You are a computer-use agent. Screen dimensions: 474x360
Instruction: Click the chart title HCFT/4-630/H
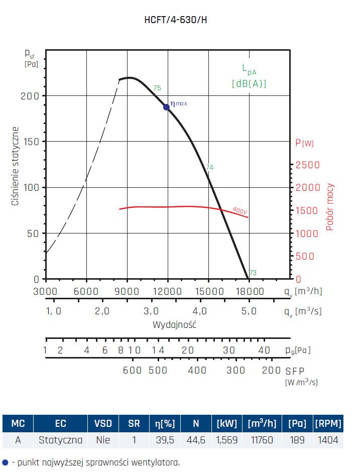point(179,20)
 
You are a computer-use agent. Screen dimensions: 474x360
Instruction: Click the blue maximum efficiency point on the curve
point(166,107)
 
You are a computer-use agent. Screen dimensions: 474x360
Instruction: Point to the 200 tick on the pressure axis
point(33,95)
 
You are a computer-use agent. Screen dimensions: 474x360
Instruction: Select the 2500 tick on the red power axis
point(307,165)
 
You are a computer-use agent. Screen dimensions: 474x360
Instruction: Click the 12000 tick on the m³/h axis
point(168,291)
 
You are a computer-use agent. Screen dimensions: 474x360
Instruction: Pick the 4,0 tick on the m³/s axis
point(200,311)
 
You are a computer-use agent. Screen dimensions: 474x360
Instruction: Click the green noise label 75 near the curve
point(157,88)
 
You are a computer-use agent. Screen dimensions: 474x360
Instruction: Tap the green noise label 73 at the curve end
point(253,273)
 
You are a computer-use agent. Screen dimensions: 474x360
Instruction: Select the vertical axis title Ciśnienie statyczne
point(16,159)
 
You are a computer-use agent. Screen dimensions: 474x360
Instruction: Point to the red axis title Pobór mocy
point(330,207)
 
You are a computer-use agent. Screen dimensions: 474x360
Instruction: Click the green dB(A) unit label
point(249,84)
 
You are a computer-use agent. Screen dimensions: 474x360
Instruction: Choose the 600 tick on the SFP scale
point(133,370)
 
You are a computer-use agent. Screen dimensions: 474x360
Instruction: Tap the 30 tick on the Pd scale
point(229,350)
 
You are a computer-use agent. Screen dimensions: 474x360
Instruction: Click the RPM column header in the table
point(327,424)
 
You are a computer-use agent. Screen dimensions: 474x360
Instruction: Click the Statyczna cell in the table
point(60,440)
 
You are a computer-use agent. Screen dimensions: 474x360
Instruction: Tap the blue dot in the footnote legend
point(6,462)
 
